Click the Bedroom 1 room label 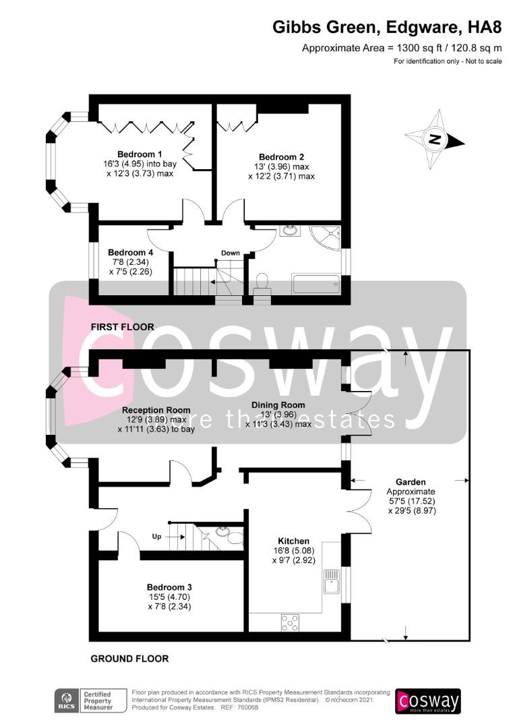point(140,154)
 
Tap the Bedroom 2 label point(281,157)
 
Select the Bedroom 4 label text point(130,253)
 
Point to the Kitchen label point(293,541)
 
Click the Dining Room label point(278,405)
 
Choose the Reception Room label point(156,410)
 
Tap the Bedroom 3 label point(169,587)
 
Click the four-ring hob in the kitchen point(291,623)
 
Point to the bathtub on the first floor point(316,284)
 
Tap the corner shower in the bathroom point(326,238)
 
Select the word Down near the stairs point(231,253)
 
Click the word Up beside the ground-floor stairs point(156,537)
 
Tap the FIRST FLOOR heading point(122,327)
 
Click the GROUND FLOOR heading point(129,659)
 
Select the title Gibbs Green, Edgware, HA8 point(387,28)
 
